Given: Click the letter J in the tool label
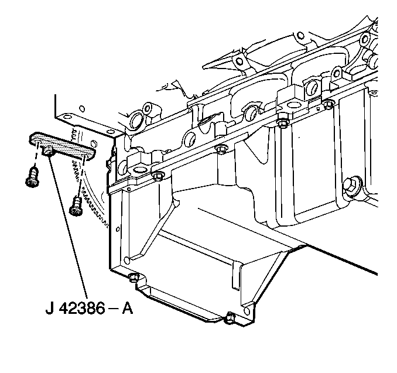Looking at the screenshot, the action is click(x=50, y=309).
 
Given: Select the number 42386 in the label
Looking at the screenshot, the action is click(x=83, y=309).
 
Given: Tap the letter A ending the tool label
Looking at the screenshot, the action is click(x=127, y=309).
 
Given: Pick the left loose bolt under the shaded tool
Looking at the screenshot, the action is click(x=33, y=178).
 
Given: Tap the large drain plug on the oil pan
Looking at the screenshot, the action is click(x=351, y=187).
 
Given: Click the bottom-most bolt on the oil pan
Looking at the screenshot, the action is click(x=230, y=317).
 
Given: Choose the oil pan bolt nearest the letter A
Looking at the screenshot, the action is click(x=134, y=277).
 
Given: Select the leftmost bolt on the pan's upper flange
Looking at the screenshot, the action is click(x=158, y=176).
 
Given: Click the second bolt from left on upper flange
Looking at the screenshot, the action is click(x=221, y=149).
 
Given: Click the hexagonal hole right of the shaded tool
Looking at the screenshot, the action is click(x=93, y=143).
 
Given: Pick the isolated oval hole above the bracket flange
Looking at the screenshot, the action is click(x=82, y=109).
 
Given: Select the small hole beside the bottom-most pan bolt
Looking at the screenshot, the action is click(x=247, y=311).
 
